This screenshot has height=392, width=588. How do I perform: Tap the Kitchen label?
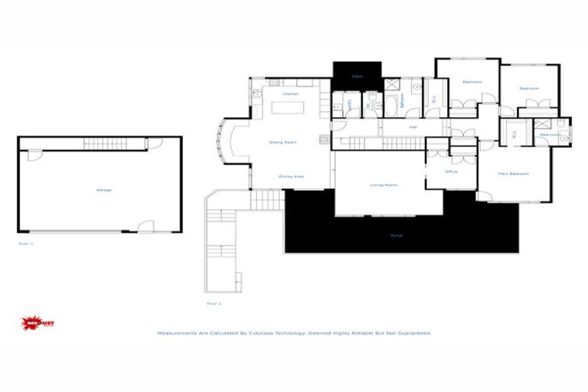coord(290,94)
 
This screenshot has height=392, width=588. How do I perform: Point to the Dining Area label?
coord(291,177)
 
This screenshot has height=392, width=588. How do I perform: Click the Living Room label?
coord(383,185)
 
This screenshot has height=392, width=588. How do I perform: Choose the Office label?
coord(451,171)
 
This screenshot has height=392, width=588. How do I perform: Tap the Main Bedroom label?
coord(513,174)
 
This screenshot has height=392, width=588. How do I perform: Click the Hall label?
coord(413,127)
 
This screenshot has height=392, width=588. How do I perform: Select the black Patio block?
coord(357,76)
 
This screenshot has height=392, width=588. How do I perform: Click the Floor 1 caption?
coord(26,243)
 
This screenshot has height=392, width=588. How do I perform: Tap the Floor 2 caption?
coord(214,303)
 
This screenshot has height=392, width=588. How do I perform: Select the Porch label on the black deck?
coord(397,235)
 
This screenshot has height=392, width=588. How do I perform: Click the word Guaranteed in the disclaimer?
coord(413,334)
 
